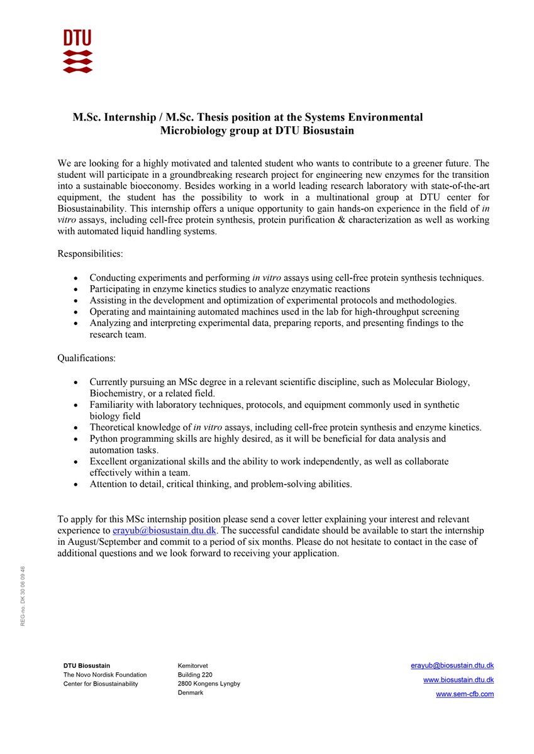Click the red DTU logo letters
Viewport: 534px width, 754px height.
(x=77, y=38)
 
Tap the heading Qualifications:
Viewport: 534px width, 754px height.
(x=86, y=358)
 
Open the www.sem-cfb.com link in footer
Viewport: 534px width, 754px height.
(x=464, y=694)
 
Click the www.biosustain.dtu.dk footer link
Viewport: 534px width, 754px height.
(x=458, y=680)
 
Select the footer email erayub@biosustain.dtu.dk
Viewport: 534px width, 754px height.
(x=452, y=665)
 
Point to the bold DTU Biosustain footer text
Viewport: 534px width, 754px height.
(x=87, y=665)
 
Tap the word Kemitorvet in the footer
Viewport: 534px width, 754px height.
(x=193, y=665)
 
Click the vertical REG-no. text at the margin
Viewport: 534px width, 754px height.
(x=23, y=596)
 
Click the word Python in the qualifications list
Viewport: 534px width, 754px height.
(x=104, y=439)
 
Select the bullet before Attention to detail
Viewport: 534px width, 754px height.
(x=76, y=484)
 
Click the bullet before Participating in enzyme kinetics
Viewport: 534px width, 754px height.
(x=76, y=289)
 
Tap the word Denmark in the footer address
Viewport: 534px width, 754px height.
(x=191, y=692)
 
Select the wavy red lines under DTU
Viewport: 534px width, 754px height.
(x=77, y=62)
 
